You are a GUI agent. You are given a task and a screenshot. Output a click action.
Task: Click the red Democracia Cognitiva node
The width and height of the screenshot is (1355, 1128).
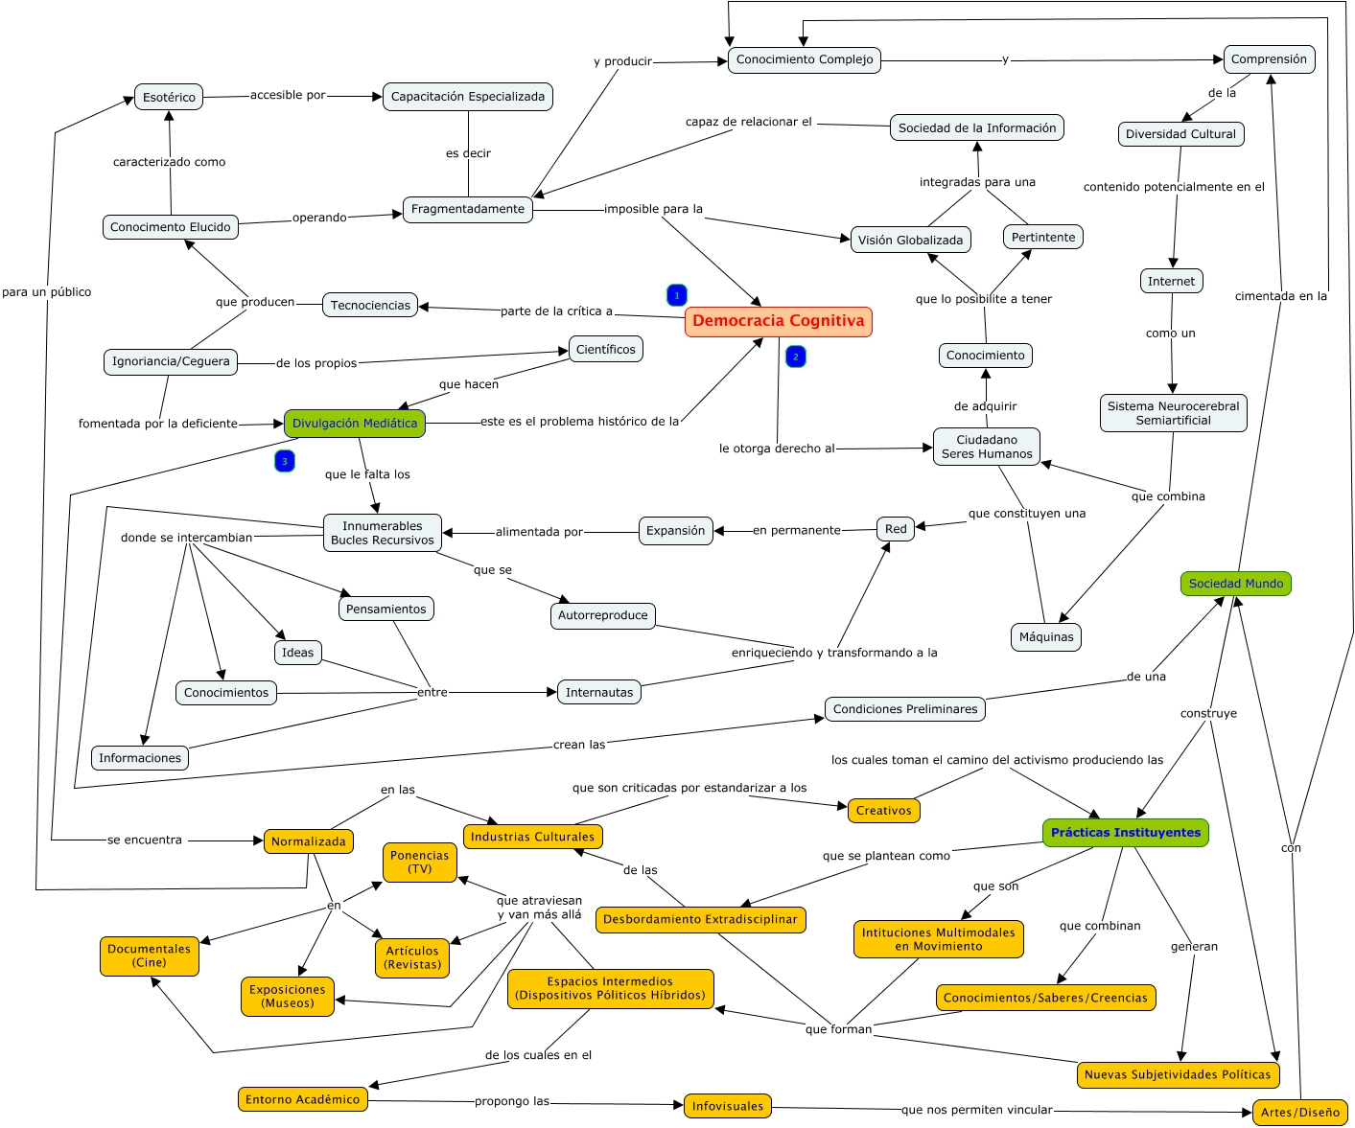(x=778, y=321)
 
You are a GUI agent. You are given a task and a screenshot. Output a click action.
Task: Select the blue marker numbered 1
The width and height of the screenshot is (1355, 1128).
(x=676, y=295)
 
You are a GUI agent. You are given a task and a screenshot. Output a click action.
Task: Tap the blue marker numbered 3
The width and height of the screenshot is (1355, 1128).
(x=284, y=461)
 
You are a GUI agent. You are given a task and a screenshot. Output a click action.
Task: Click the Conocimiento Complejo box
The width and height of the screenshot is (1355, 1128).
(x=804, y=59)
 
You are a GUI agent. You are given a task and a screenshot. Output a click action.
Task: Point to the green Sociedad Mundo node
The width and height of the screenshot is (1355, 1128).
(x=1235, y=584)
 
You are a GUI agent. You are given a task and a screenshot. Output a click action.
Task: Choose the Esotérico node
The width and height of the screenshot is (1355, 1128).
(x=169, y=97)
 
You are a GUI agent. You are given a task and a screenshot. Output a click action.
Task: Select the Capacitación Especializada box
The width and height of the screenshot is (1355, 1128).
(x=467, y=97)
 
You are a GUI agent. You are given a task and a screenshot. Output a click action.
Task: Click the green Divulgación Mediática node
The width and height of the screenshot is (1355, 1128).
(x=354, y=423)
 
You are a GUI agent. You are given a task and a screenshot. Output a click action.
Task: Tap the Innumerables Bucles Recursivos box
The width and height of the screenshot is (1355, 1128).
(x=382, y=533)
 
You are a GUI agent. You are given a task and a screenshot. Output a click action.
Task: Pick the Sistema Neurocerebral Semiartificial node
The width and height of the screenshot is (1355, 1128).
(x=1173, y=413)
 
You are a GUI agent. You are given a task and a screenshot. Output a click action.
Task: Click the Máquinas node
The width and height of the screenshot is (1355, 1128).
(x=1045, y=637)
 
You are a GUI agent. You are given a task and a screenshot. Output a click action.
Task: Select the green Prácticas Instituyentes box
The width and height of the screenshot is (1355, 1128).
(x=1125, y=832)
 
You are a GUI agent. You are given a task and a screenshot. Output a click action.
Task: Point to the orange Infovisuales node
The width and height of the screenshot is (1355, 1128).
(x=727, y=1106)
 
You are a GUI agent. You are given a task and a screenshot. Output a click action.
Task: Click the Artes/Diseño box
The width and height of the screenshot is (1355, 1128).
(x=1298, y=1113)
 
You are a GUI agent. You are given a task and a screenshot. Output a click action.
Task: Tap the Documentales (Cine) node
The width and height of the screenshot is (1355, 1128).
(x=149, y=955)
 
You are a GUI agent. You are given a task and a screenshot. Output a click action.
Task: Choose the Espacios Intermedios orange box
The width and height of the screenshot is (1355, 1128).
(x=610, y=988)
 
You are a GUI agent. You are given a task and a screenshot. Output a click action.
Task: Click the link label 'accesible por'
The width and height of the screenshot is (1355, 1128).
(x=288, y=95)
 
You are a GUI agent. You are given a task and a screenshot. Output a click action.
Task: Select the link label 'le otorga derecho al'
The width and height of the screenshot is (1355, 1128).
(x=777, y=449)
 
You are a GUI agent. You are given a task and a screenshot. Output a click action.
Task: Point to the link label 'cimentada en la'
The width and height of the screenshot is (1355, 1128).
(x=1280, y=296)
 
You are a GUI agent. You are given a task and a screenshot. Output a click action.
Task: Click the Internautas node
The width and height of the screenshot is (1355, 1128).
(x=598, y=692)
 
